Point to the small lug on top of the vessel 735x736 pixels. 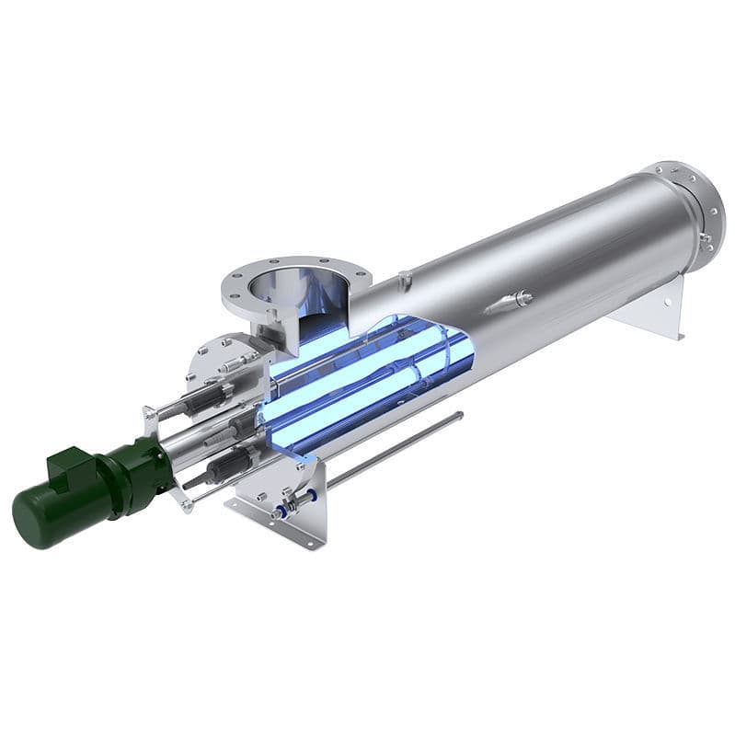coord(404,275)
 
